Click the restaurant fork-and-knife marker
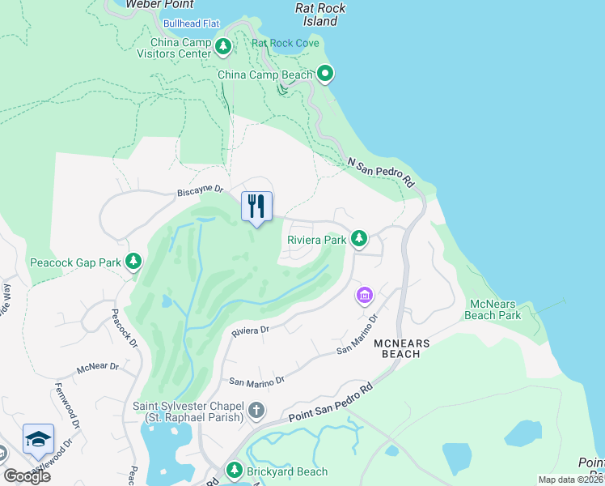[x=257, y=206]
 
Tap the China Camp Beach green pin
[x=325, y=75]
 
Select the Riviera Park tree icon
[x=359, y=239]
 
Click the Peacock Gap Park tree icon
[x=133, y=262]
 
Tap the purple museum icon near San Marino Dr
[x=365, y=296]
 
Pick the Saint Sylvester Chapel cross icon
[x=256, y=411]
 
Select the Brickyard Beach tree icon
[x=235, y=471]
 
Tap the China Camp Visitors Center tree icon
[x=224, y=48]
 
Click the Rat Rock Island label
[x=320, y=15]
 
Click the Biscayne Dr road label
[x=200, y=191]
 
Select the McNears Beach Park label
[x=496, y=309]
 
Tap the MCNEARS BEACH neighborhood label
[x=396, y=348]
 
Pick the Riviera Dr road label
[x=250, y=330]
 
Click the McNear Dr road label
[x=98, y=367]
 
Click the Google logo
[x=26, y=475]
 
